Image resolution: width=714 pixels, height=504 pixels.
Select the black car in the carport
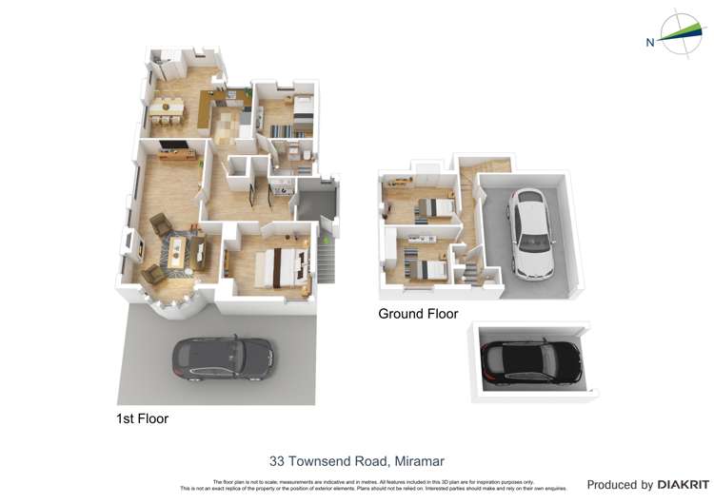click(x=531, y=362)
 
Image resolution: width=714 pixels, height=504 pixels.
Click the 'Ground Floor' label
click(x=418, y=314)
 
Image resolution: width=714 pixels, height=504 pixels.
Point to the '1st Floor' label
click(x=142, y=417)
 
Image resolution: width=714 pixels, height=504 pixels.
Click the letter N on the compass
click(x=650, y=42)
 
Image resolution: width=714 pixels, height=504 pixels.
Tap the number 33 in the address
click(x=277, y=461)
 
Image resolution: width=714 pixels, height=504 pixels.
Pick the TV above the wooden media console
click(x=177, y=145)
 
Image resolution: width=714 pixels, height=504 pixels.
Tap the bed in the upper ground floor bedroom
click(x=433, y=208)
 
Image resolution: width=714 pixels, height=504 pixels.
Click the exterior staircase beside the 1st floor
click(x=326, y=258)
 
